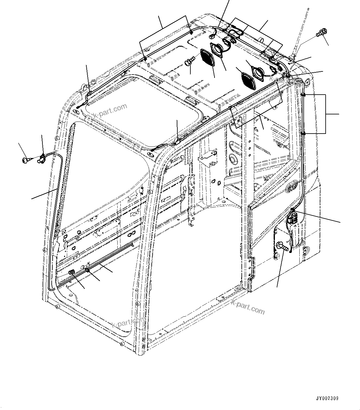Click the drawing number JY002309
(x=327, y=398)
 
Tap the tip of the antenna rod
(x=308, y=9)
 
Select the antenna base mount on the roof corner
(x=292, y=58)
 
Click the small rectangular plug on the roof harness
(x=212, y=36)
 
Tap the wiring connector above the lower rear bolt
(x=292, y=216)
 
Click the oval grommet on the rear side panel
(x=292, y=187)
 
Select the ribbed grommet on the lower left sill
(x=72, y=272)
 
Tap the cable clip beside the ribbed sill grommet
(x=88, y=271)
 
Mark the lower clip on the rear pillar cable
(x=303, y=133)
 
